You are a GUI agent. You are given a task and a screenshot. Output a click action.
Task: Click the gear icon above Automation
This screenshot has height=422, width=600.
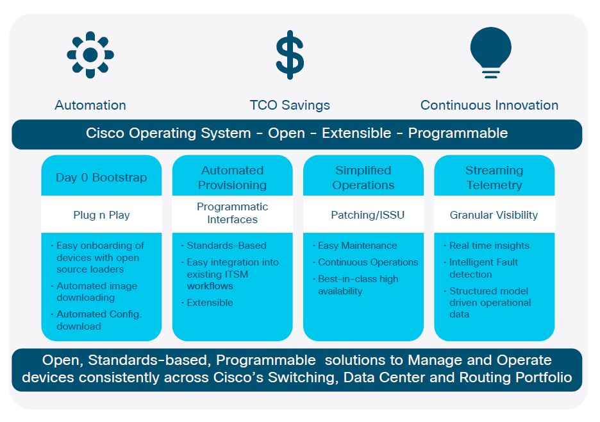click(90, 55)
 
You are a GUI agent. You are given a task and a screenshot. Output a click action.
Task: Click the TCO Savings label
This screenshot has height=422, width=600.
click(290, 105)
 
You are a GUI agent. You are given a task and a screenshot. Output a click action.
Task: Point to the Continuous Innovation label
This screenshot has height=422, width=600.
click(489, 105)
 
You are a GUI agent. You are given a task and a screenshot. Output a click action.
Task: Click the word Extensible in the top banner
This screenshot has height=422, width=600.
click(356, 133)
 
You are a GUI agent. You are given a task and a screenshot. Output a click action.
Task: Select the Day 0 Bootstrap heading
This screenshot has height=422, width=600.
click(101, 178)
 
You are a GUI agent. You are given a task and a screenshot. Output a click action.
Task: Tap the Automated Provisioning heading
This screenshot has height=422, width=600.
click(232, 178)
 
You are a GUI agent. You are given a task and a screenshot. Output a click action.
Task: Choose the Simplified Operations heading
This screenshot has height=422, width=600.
click(363, 178)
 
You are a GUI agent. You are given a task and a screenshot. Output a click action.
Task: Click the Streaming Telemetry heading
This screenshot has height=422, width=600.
click(494, 178)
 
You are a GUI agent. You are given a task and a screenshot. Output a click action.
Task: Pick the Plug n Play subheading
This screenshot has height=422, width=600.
click(101, 215)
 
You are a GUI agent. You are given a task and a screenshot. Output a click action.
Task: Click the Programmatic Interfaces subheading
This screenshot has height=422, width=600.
click(232, 213)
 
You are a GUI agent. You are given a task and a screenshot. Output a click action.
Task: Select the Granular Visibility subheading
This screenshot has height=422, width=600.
click(494, 215)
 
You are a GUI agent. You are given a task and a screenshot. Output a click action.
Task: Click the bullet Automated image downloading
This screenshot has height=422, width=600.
click(96, 292)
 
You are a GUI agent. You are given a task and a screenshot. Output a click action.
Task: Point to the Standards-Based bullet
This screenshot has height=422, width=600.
click(226, 246)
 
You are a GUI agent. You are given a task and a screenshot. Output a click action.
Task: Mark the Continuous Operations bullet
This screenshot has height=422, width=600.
click(368, 262)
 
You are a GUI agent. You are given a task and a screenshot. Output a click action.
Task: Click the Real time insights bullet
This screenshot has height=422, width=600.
click(489, 246)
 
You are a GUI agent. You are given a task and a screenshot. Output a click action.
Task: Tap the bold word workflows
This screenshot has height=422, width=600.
click(210, 286)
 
